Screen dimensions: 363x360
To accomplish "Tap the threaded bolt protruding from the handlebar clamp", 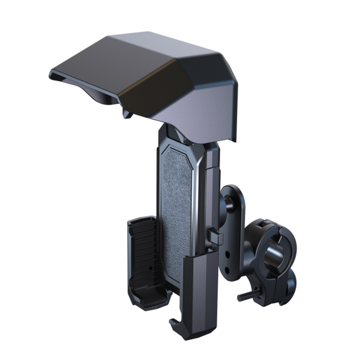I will pos(243,296).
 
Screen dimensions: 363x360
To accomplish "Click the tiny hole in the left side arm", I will pos(149,267).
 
